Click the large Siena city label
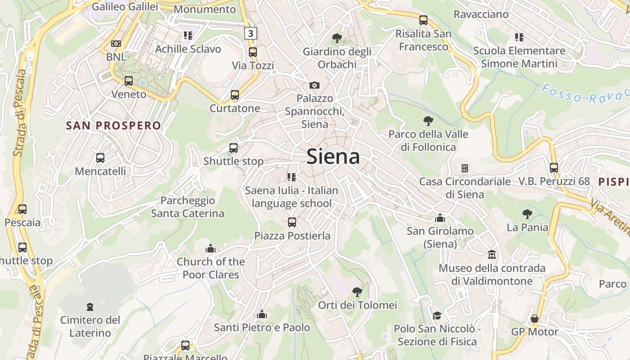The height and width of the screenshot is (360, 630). (333, 157)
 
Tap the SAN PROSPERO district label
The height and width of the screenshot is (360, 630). (113, 126)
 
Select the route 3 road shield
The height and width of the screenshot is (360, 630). (251, 33)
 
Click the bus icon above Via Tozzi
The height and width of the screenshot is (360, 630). (253, 52)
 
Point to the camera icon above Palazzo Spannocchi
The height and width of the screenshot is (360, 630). (315, 85)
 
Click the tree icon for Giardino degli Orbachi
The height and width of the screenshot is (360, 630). (337, 38)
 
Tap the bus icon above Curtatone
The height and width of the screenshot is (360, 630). (235, 95)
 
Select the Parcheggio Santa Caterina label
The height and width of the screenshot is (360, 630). (188, 207)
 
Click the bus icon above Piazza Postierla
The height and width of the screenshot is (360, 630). (292, 222)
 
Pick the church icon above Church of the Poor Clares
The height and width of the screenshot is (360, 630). (211, 248)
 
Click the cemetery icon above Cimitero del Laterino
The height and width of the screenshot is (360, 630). (90, 307)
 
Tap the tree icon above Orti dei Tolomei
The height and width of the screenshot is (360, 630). (357, 292)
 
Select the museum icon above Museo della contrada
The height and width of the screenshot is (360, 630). (492, 255)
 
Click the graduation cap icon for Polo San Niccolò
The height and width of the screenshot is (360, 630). (437, 315)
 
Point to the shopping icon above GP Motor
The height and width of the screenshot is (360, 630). (535, 319)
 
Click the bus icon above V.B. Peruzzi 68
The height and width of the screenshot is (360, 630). (553, 168)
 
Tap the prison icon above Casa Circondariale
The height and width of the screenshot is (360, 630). (465, 168)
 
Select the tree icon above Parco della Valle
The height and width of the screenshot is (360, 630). (428, 121)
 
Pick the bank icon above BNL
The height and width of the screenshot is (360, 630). (116, 44)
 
